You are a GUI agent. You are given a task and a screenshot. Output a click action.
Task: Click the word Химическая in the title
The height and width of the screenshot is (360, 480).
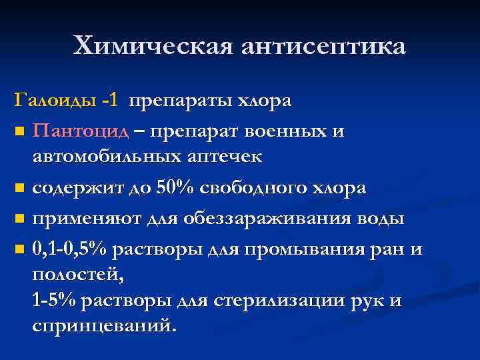click(x=153, y=46)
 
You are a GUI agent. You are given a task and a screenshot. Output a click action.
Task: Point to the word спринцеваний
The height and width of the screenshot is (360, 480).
click(x=105, y=327)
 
